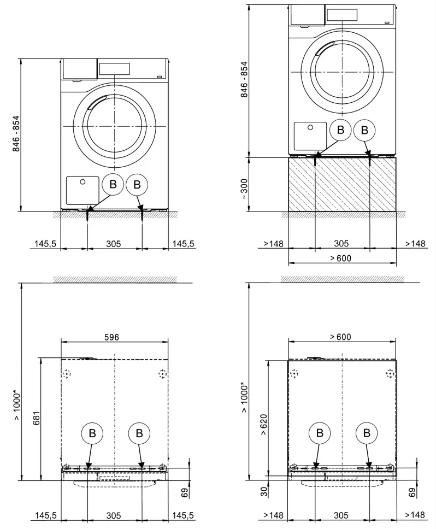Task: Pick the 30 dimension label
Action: point(263,491)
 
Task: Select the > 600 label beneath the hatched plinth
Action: point(341,258)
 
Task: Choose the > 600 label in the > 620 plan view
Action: point(341,337)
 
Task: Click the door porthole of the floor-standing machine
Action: point(115,126)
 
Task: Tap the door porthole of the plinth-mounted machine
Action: point(342,72)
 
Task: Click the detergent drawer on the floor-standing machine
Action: point(79,69)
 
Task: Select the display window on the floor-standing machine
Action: point(114,69)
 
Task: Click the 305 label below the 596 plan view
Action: point(114,515)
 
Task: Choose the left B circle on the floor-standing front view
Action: point(113,185)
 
